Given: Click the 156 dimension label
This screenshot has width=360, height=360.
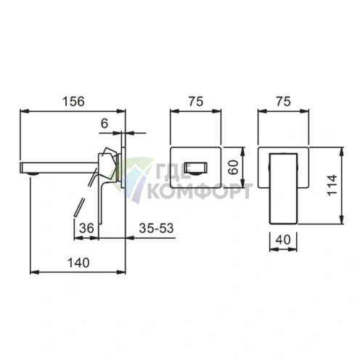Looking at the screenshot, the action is coord(73,101).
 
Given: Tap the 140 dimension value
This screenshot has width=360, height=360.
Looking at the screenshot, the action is coord(78,263).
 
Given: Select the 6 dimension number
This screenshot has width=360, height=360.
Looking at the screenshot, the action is coord(105,124).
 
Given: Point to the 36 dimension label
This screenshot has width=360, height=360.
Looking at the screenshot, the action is coord(86,228).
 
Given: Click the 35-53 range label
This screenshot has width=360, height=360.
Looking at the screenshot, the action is coord(156,228).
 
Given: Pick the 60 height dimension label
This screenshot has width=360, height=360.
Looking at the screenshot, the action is coord(234,168).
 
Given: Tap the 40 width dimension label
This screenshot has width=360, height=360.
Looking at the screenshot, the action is coord(283,240).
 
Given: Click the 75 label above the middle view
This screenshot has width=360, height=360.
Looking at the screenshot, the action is coord(196,102).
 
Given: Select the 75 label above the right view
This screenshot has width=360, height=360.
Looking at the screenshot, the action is coord(283,102).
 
